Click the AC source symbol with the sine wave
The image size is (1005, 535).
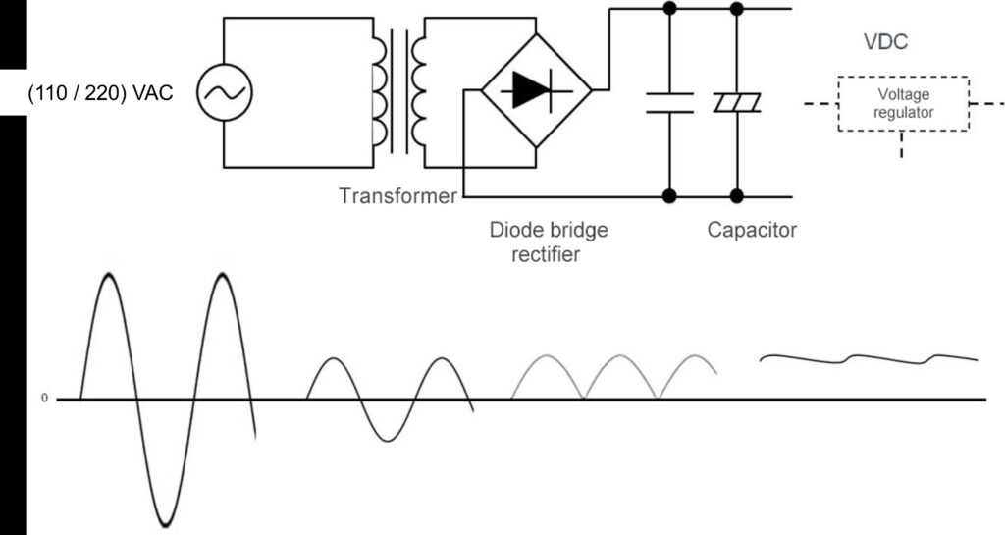225,92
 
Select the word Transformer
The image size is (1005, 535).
397,196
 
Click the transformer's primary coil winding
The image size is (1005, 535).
378,91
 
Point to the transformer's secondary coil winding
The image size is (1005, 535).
420,91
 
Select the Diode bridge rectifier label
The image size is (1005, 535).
549,241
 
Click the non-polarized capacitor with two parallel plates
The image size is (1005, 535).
669,102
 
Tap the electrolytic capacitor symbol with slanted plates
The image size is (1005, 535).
737,102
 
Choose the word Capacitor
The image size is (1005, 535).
752,232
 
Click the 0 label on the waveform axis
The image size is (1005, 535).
43,400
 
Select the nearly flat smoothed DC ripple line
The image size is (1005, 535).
869,358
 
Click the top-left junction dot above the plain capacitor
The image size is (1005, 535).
669,9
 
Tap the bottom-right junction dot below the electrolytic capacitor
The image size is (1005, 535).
737,196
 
